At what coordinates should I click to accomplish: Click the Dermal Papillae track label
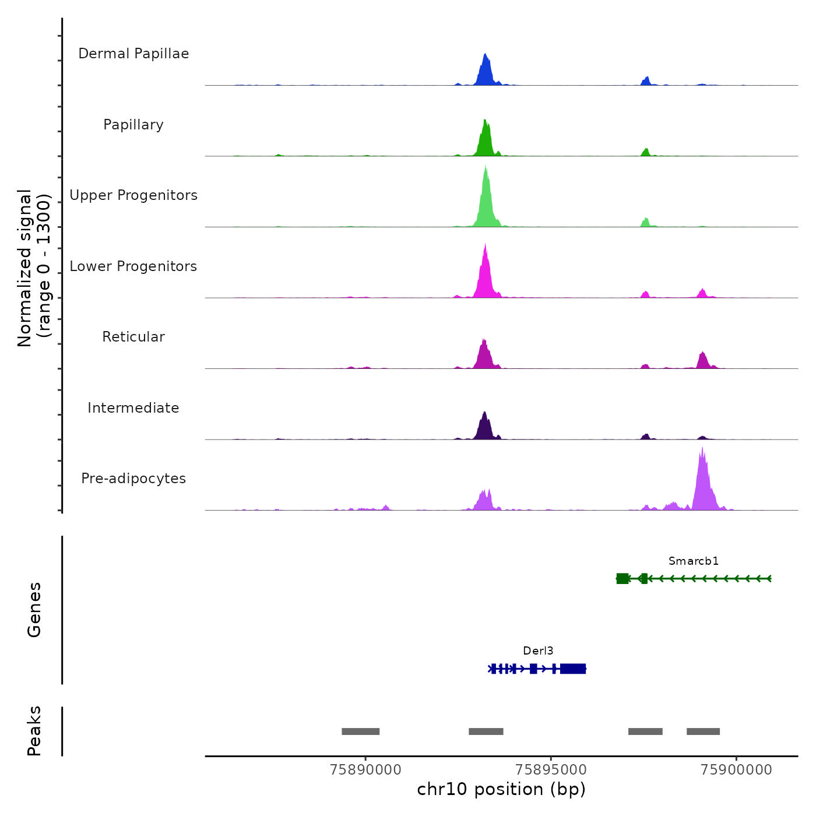pyautogui.click(x=133, y=54)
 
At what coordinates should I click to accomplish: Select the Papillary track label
pyautogui.click(x=133, y=125)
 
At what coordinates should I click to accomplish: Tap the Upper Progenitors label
pyautogui.click(x=133, y=195)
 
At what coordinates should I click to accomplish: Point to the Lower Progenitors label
pyautogui.click(x=133, y=266)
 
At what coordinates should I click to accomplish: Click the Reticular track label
pyautogui.click(x=133, y=337)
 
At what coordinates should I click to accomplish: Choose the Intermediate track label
pyautogui.click(x=133, y=408)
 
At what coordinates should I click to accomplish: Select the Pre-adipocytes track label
pyautogui.click(x=133, y=479)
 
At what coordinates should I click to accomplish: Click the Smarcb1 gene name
pyautogui.click(x=694, y=561)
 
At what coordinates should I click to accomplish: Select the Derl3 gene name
pyautogui.click(x=538, y=651)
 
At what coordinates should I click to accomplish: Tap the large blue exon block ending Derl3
pyautogui.click(x=573, y=669)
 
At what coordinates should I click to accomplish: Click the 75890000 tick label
pyautogui.click(x=365, y=770)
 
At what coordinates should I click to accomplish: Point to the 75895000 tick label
pyautogui.click(x=551, y=770)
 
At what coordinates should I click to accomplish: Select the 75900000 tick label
pyautogui.click(x=736, y=770)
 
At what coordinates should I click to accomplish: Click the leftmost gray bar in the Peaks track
pyautogui.click(x=360, y=731)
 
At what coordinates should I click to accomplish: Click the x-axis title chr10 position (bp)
pyautogui.click(x=501, y=789)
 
